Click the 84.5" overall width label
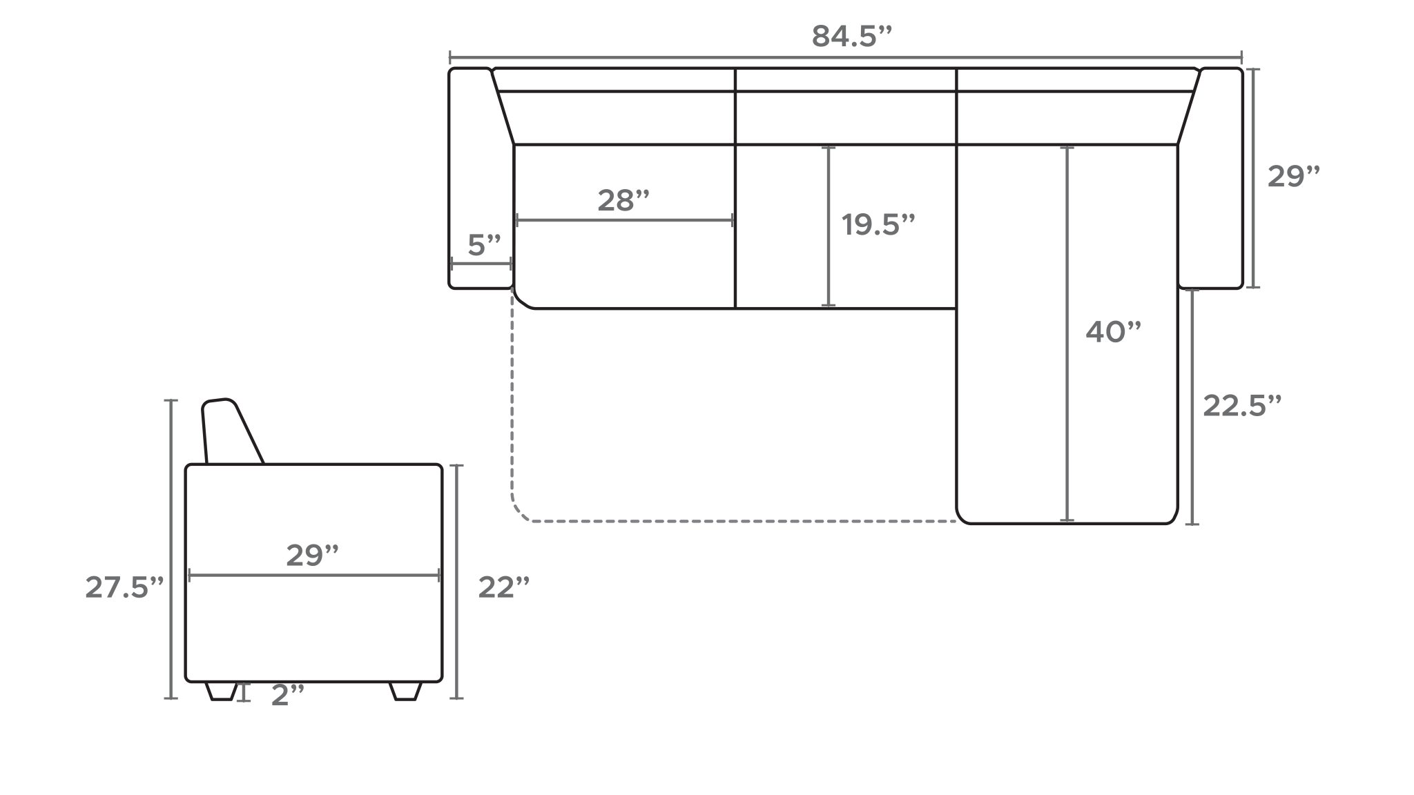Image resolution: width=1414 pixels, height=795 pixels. (x=852, y=37)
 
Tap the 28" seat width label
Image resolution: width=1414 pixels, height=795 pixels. (x=623, y=201)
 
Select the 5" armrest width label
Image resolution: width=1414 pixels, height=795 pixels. (x=484, y=245)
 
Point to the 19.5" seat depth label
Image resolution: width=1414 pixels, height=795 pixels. (x=878, y=225)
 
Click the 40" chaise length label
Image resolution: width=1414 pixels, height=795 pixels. (x=1113, y=333)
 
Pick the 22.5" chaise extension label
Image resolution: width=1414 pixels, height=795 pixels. (x=1242, y=406)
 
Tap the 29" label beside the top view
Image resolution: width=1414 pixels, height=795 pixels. (x=1293, y=177)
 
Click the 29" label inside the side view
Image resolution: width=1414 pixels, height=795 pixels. (x=312, y=556)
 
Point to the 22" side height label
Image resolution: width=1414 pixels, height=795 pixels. (x=504, y=588)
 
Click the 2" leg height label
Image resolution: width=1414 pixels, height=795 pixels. (x=287, y=696)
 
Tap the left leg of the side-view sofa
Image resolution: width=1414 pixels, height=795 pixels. (x=222, y=691)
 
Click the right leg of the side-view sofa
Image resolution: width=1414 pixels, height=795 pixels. (x=405, y=691)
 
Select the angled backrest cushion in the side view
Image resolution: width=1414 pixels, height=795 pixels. (x=228, y=431)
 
